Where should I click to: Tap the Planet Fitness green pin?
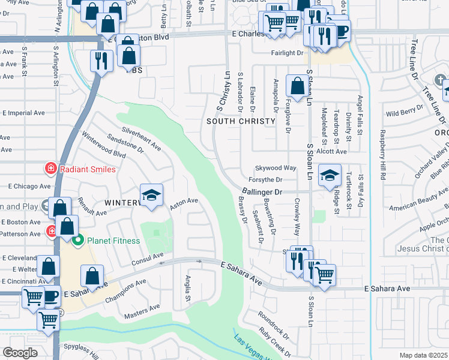(77, 241)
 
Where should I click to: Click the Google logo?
(20, 353)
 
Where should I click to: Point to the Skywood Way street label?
(276, 168)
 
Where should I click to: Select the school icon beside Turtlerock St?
(330, 175)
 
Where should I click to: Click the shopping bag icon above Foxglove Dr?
(297, 86)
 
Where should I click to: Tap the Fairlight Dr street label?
(288, 53)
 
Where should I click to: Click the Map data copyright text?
(424, 355)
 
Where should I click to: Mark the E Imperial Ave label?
(24, 112)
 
